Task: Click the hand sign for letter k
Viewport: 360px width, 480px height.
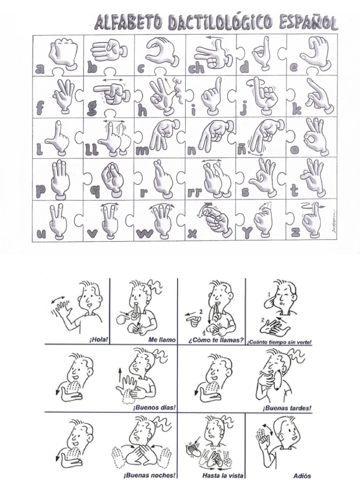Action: click(316, 96)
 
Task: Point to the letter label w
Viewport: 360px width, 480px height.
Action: click(143, 233)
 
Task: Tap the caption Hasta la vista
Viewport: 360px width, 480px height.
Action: click(223, 475)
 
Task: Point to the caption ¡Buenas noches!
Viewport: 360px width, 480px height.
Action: click(150, 475)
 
